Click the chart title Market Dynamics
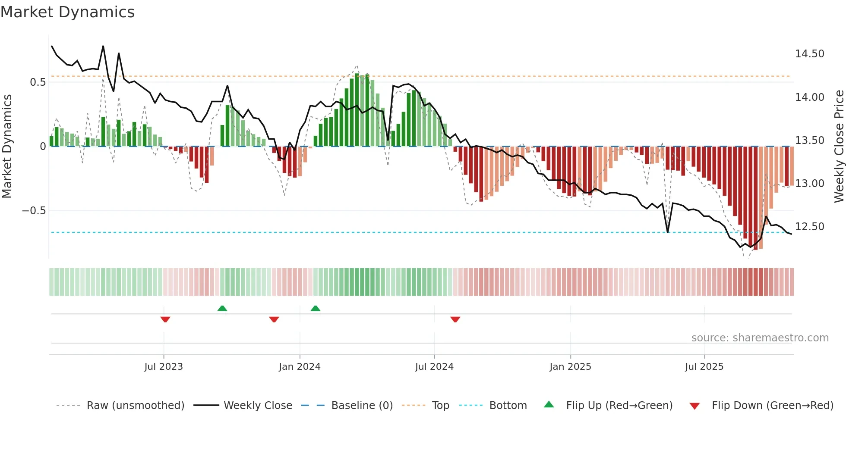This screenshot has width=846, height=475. pos(67,12)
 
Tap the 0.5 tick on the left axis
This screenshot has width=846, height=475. pos(38,82)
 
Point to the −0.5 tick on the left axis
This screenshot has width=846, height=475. pos(34,211)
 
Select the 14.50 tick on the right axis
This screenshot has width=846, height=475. pos(809,54)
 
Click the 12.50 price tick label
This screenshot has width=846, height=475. pos(809,227)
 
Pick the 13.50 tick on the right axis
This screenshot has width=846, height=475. pos(809,141)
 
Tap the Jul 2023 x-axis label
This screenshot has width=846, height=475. pos(164,367)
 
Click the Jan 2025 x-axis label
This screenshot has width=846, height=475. pos(570,367)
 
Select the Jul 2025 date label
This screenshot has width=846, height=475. pos(704,367)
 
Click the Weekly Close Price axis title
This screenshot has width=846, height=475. pos(839,146)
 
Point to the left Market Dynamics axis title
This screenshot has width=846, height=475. pos(7,146)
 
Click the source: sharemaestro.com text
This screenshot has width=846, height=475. pos(760,338)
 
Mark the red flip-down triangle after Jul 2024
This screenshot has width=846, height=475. pos(455,319)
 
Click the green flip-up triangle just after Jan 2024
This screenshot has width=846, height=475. pos(316,309)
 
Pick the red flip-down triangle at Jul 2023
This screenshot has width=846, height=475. pos(165,319)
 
